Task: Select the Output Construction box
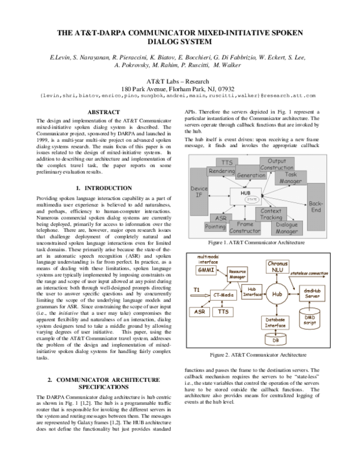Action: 275,165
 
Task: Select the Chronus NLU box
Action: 277,266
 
